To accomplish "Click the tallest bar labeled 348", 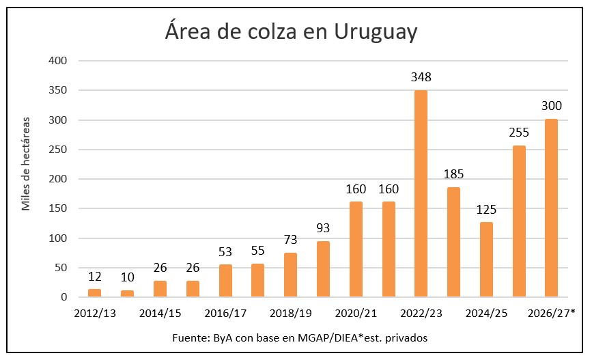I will point(421,193).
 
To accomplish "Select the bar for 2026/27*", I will point(551,208).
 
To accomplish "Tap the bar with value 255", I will point(519,221).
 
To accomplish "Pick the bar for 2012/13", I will point(94,293).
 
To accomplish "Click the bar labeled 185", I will point(453,242).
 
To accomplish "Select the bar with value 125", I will point(486,260).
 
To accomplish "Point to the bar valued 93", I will point(323,269).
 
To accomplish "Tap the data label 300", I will point(551,106).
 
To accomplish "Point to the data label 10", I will point(127,277).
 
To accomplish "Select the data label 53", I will point(225,252).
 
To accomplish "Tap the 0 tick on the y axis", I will point(64,298).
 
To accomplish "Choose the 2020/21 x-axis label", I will point(356,314).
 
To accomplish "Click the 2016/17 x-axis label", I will point(225,314).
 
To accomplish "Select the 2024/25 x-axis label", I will point(486,314).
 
